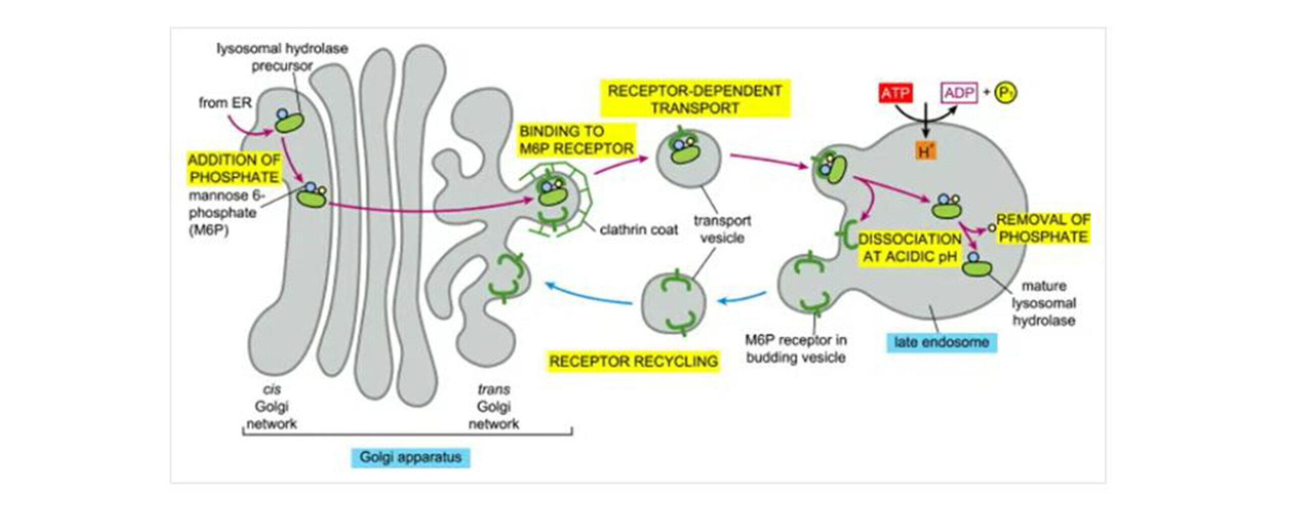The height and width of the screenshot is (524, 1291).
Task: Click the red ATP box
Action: (x=895, y=93)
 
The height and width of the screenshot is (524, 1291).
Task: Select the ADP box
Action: (x=959, y=93)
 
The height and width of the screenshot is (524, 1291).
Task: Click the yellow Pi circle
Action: (x=1006, y=93)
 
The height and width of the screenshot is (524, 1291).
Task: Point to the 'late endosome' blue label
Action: (x=941, y=343)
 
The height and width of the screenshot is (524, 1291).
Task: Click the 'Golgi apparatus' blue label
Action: (x=410, y=457)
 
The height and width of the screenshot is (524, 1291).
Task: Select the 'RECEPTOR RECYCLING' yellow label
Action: (x=633, y=361)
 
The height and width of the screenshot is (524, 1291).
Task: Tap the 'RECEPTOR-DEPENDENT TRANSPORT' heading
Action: (x=694, y=99)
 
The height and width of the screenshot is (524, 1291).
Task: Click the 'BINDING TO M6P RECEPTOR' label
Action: (x=576, y=140)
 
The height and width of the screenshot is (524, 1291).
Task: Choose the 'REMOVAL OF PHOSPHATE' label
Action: (x=1043, y=228)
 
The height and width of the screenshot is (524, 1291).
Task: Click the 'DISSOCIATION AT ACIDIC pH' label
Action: (x=910, y=248)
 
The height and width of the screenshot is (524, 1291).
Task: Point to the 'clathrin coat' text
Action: (x=638, y=230)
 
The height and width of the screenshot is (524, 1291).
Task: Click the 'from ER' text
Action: (x=225, y=103)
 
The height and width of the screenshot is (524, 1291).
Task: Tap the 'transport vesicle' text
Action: (x=722, y=229)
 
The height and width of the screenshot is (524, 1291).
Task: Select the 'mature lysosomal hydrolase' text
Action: (x=1044, y=303)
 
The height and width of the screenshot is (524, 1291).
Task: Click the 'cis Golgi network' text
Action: (x=272, y=407)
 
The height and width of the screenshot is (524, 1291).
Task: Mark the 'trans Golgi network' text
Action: (x=494, y=407)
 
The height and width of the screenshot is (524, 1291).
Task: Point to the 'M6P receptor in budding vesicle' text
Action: (x=796, y=349)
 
